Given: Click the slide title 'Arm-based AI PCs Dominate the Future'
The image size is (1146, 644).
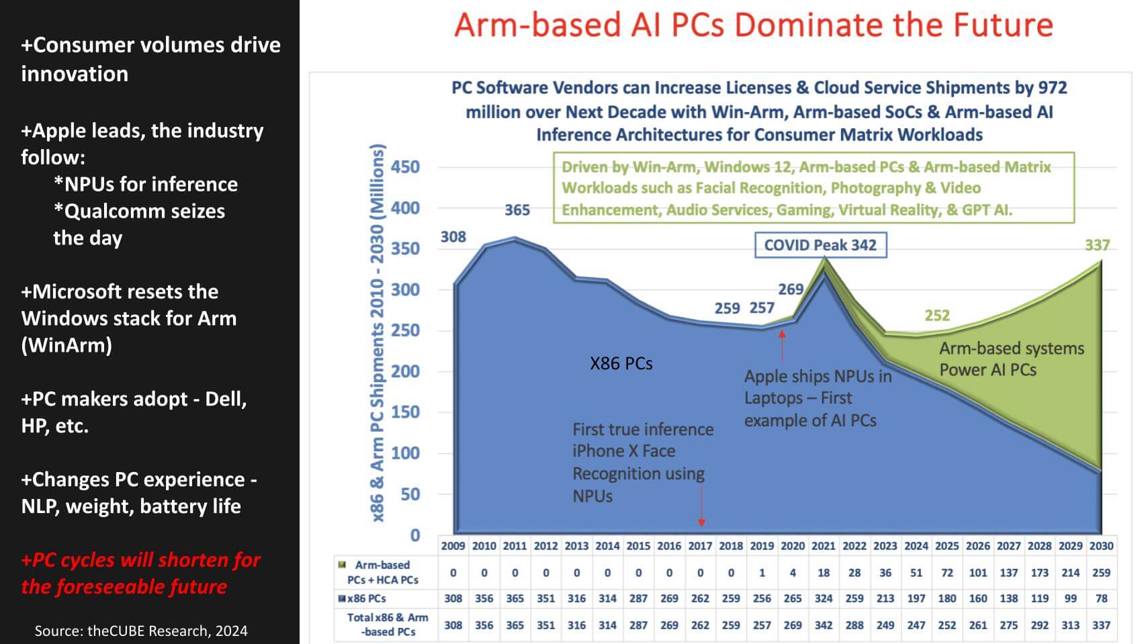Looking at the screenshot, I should coord(753,26).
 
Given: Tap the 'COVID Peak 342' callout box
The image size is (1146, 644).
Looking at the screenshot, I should coord(820,245).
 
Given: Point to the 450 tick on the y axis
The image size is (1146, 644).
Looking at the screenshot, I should coord(405,167).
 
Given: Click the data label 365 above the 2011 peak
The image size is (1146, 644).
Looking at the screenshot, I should coord(517,210).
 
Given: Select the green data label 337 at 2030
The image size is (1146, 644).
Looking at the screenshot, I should coord(1097,245).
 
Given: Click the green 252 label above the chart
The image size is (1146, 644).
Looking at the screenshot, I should coord(936,315).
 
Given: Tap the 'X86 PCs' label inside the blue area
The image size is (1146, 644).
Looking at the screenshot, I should coord(621,363).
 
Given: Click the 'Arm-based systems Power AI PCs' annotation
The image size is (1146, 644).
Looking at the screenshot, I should coord(1011,359).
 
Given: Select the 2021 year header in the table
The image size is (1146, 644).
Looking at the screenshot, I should coord(824,546).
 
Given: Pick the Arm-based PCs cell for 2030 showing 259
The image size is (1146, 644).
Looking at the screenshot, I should coord(1101,573).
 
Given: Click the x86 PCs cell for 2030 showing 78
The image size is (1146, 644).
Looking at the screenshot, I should coord(1101,598).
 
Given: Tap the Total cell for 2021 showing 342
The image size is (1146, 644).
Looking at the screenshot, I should coord(824,625).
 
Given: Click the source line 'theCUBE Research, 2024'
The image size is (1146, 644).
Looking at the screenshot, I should coord(141,631).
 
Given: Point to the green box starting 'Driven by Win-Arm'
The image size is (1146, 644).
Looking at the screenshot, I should coord(813,188).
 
